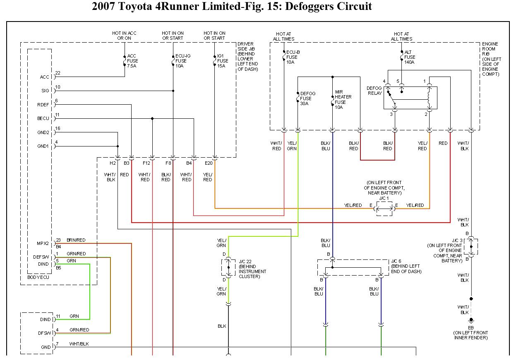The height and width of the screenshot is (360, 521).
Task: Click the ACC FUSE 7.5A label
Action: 132,61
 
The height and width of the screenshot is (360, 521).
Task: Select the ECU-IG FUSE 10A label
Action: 181,61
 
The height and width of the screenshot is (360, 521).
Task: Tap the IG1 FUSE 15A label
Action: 223,61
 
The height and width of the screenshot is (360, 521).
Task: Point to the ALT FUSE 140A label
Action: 410,57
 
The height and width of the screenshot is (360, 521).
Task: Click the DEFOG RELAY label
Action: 374,91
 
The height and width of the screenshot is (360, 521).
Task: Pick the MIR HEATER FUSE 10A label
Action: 343,99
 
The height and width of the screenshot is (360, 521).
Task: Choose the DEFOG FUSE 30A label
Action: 307,98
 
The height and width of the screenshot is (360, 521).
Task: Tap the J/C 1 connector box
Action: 384,209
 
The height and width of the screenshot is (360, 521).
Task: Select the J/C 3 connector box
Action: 471,247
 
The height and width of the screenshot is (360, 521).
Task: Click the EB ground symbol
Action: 471,320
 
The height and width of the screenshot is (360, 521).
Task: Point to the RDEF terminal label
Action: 43,105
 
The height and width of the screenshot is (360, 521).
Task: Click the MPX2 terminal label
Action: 43,243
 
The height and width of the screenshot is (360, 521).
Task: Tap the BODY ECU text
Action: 38,277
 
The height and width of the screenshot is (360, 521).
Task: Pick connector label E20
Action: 208,163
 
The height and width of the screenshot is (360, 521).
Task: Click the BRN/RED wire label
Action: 76,240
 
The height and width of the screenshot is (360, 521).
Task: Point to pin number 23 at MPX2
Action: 58,240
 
